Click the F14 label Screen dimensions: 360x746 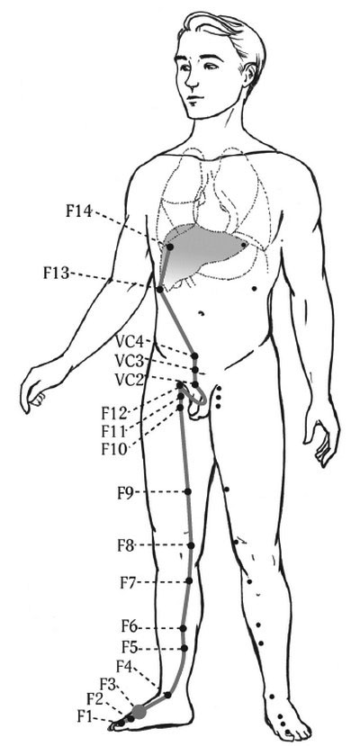click(78, 211)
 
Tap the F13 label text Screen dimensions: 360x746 click(57, 273)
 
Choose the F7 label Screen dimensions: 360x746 click(130, 582)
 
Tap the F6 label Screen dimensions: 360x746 click(130, 626)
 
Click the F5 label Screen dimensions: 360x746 click(130, 647)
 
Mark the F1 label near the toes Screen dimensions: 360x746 click(85, 716)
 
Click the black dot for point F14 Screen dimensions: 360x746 click(169, 247)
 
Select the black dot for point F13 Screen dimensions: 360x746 click(160, 289)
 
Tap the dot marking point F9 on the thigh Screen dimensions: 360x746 click(187, 491)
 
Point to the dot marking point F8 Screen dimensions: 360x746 click(191, 545)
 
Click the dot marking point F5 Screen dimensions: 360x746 click(184, 648)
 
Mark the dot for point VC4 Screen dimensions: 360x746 click(194, 355)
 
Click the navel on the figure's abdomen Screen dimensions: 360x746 click(202, 313)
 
